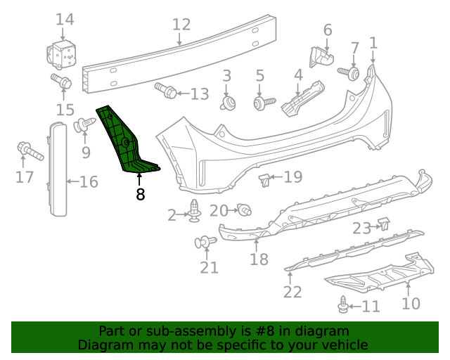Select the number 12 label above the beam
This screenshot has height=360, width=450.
181,25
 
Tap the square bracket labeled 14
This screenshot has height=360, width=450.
63,53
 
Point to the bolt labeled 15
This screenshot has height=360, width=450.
61,82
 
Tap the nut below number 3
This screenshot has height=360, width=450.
227,104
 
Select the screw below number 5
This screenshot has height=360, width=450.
262,104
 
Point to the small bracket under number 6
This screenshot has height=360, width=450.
322,56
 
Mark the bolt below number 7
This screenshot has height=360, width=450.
349,72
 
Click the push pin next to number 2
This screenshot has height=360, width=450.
194,212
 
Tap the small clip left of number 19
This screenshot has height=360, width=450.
265,181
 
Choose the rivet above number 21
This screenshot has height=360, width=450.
204,243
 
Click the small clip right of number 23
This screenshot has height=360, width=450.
385,224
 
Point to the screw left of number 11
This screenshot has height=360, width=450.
343,305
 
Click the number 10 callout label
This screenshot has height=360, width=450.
411,304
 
